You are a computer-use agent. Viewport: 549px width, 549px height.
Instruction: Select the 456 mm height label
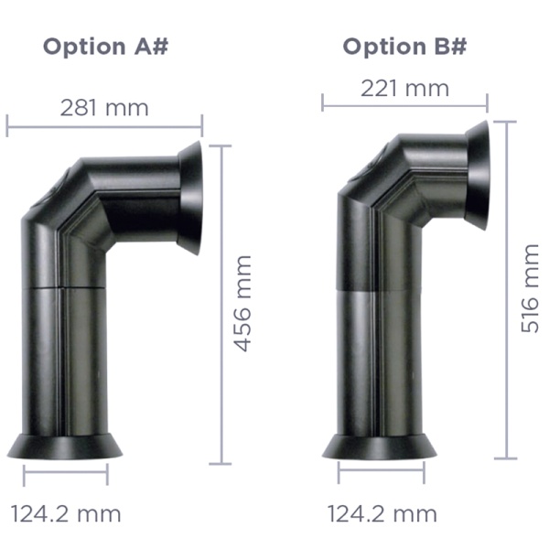[243, 304]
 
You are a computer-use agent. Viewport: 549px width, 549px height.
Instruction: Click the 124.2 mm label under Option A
[66, 513]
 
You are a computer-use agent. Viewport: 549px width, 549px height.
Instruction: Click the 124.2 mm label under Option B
[382, 513]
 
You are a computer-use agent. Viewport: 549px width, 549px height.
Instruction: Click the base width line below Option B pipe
[381, 473]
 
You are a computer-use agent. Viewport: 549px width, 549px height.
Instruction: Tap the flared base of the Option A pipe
[65, 447]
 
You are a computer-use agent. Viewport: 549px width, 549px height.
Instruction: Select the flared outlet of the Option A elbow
[192, 198]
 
